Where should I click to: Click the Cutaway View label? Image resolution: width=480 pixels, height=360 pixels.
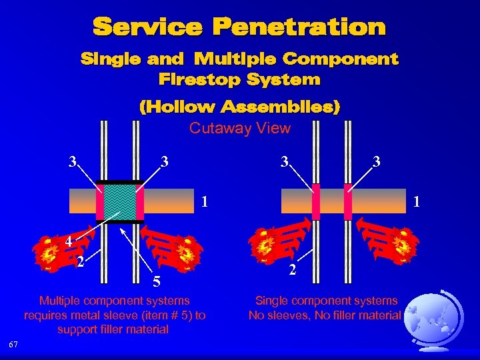(x=239, y=129)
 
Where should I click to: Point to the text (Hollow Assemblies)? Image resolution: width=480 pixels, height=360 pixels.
(x=239, y=107)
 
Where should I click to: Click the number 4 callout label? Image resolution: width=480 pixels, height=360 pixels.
(x=69, y=242)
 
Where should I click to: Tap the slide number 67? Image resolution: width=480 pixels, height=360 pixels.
(x=14, y=344)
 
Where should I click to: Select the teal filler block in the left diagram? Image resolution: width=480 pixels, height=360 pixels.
(x=120, y=201)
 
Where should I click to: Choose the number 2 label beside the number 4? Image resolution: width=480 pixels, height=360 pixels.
(x=80, y=261)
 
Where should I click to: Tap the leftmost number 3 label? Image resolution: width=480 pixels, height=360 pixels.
(x=73, y=161)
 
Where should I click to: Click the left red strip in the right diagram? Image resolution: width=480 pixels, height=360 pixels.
(x=316, y=201)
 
